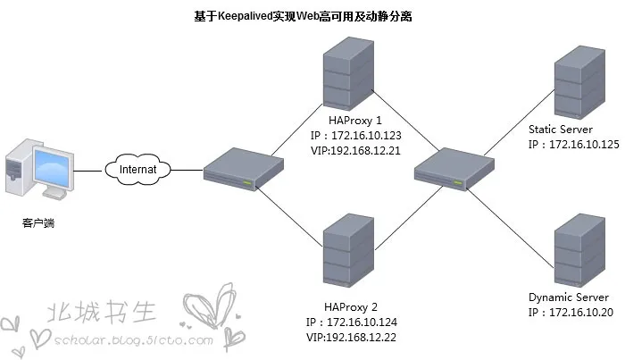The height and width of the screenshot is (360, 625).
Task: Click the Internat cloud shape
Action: [x=138, y=168]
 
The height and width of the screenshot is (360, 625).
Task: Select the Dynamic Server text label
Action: [x=568, y=297]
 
